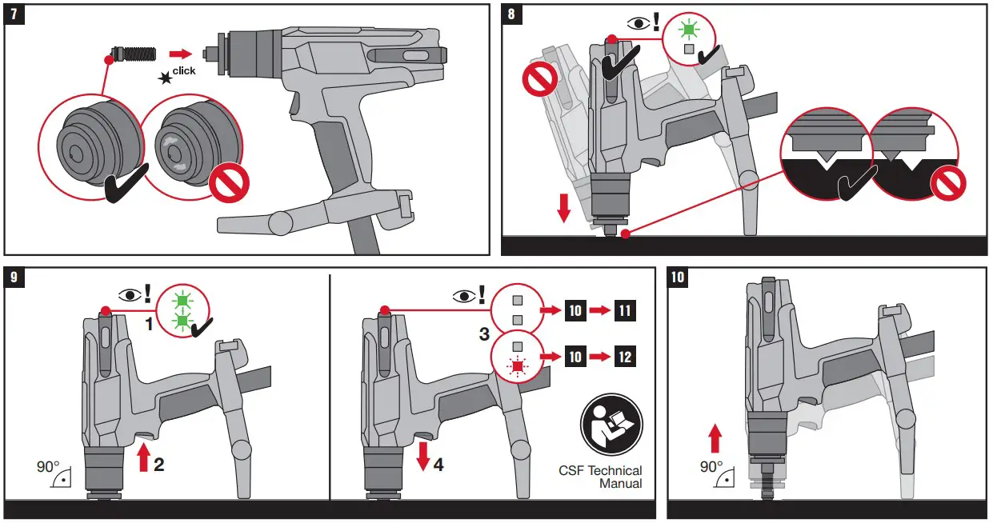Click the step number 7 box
coord(14,14)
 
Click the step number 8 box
coord(512,14)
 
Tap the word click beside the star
coord(184,71)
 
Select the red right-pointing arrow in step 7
coord(182,54)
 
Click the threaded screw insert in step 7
coord(133,54)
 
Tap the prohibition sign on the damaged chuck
coord(228,183)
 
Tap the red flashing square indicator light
coord(518,365)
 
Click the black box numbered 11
coord(624,309)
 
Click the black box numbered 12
coord(624,356)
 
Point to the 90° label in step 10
coord(711,466)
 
